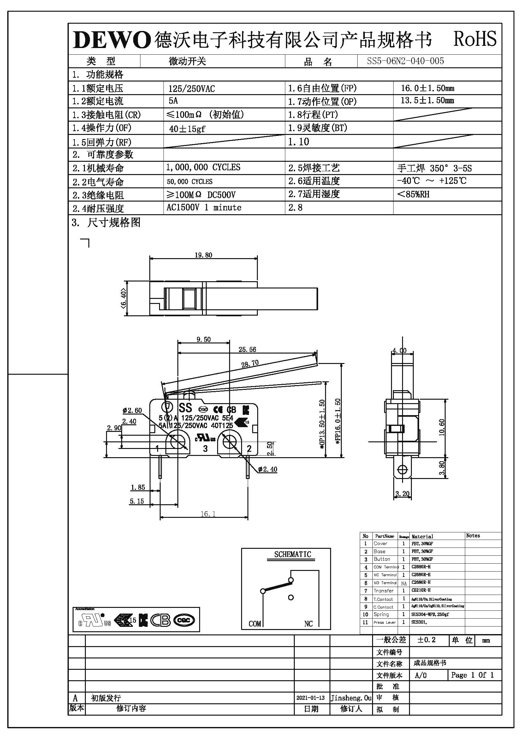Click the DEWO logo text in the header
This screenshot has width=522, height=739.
[112, 40]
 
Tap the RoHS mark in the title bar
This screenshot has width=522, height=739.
[474, 39]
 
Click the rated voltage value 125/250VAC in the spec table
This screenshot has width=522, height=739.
[192, 88]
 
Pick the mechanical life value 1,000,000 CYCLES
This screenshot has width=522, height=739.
[203, 167]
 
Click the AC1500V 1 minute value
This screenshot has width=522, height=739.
[204, 208]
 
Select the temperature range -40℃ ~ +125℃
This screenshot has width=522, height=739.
[431, 181]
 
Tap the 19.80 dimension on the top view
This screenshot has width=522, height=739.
[204, 255]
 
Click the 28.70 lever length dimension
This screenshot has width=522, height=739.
[250, 364]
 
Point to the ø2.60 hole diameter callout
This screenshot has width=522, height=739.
[132, 410]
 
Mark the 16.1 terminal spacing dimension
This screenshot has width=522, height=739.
[208, 514]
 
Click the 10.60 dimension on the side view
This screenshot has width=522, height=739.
[442, 427]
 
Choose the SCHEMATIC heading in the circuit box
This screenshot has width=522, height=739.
[293, 554]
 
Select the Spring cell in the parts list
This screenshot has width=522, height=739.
[381, 614]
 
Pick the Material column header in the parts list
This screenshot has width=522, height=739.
[422, 536]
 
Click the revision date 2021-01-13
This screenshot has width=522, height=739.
[310, 698]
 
